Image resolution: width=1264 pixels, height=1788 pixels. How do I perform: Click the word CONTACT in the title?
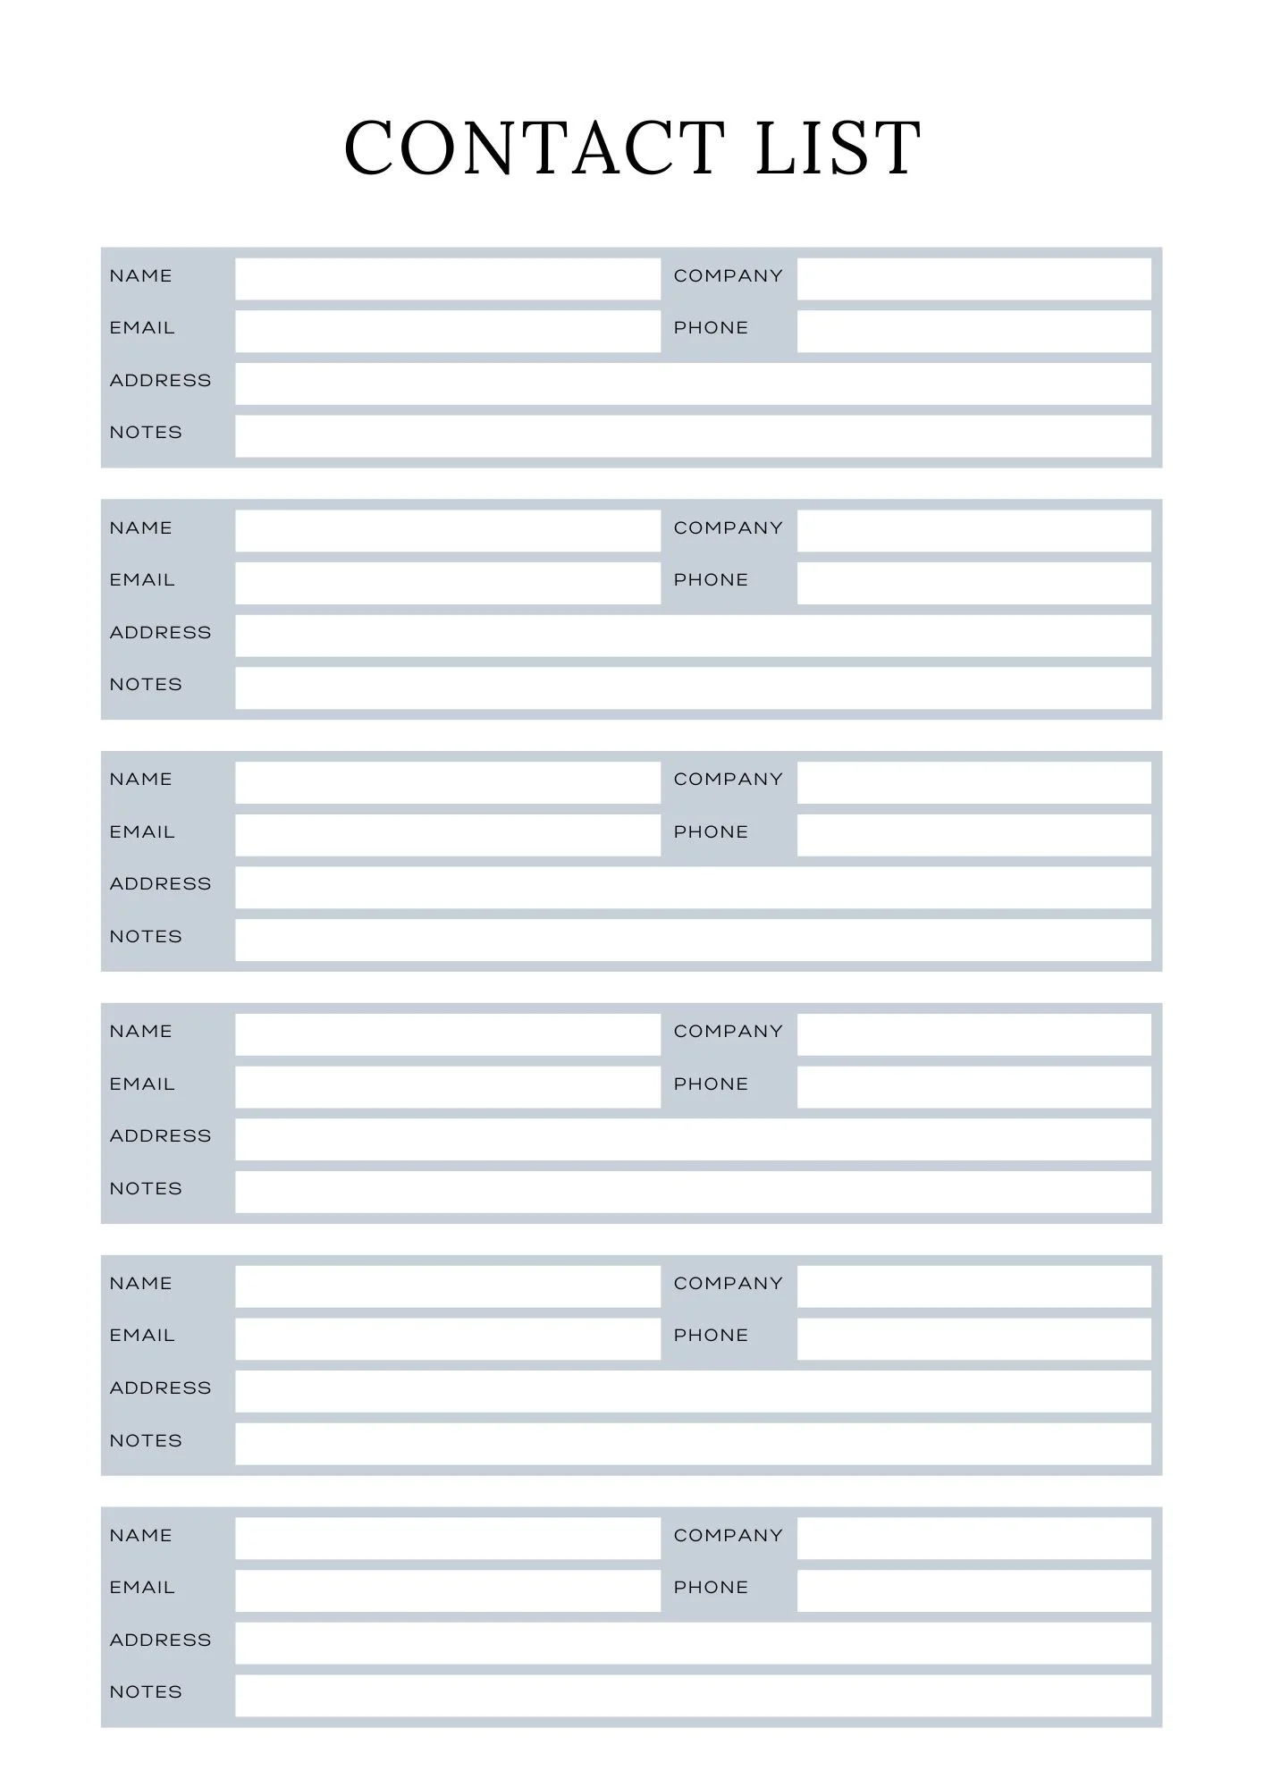pyautogui.click(x=534, y=148)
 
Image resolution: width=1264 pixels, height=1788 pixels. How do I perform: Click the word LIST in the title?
pyautogui.click(x=838, y=148)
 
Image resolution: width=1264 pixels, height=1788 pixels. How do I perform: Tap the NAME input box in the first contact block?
pyautogui.click(x=447, y=279)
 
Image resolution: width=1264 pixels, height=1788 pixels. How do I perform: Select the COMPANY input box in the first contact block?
pyautogui.click(x=973, y=279)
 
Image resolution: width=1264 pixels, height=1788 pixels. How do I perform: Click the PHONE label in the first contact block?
pyautogui.click(x=711, y=328)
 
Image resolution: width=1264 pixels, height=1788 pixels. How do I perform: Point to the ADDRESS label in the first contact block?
pyautogui.click(x=160, y=381)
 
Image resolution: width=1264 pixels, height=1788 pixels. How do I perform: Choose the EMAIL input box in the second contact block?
pyautogui.click(x=447, y=583)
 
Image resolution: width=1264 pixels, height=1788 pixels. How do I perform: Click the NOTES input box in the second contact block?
pyautogui.click(x=693, y=687)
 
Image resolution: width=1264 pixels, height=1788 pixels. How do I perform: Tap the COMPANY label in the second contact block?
pyautogui.click(x=728, y=528)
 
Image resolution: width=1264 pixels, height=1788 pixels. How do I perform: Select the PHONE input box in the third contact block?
pyautogui.click(x=973, y=835)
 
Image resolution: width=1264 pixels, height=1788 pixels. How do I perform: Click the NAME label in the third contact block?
pyautogui.click(x=140, y=780)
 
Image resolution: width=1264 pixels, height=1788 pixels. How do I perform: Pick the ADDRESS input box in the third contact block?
pyautogui.click(x=693, y=887)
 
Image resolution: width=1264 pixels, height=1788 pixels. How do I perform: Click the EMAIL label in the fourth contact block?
pyautogui.click(x=142, y=1084)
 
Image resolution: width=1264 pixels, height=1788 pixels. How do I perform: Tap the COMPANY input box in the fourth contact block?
pyautogui.click(x=973, y=1034)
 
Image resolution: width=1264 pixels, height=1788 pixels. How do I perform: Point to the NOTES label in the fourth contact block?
pyautogui.click(x=146, y=1189)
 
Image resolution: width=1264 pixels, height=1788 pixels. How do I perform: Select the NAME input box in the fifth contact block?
pyautogui.click(x=447, y=1286)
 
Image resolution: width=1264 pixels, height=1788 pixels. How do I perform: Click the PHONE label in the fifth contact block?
pyautogui.click(x=711, y=1336)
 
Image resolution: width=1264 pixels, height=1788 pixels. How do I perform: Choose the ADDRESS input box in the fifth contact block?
pyautogui.click(x=693, y=1391)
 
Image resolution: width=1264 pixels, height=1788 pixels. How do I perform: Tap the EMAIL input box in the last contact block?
pyautogui.click(x=447, y=1590)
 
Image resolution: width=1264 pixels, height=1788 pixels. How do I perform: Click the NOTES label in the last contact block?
pyautogui.click(x=146, y=1692)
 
